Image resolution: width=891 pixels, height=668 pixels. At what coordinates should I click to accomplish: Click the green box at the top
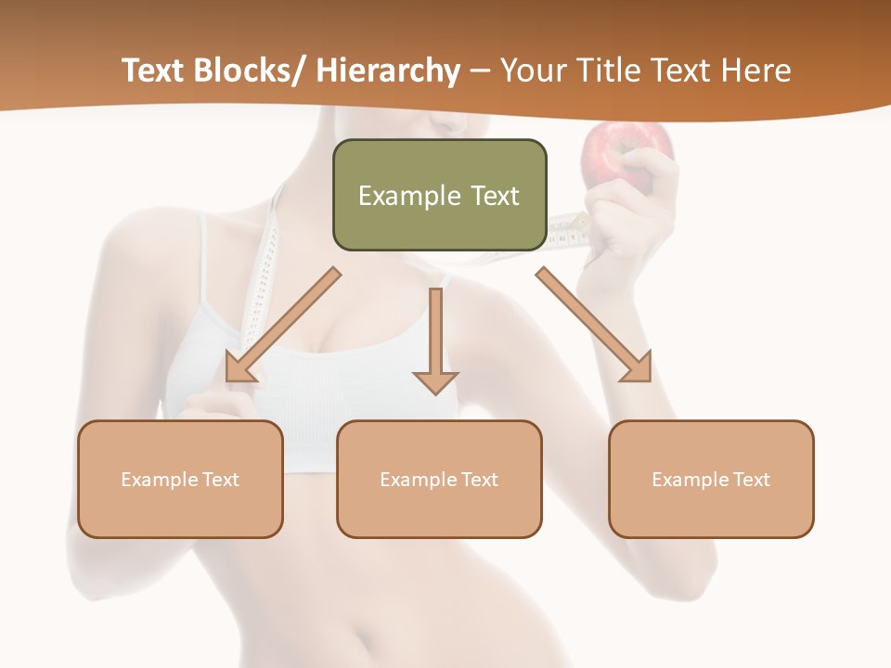(x=439, y=195)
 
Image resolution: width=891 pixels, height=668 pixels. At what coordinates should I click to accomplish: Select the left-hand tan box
(x=180, y=479)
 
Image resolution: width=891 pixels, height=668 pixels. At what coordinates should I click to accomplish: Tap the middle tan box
(x=439, y=479)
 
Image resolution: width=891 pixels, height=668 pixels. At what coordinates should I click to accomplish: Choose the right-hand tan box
(x=711, y=479)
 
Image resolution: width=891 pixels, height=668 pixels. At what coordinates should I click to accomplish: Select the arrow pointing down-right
(x=594, y=325)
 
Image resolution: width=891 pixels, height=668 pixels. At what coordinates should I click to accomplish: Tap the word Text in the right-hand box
(x=751, y=480)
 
